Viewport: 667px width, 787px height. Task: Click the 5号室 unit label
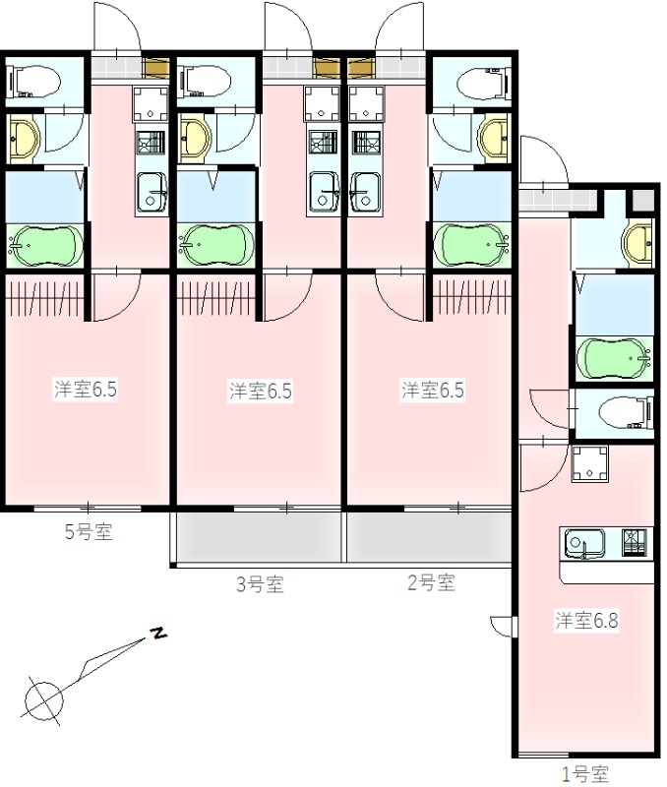click(89, 534)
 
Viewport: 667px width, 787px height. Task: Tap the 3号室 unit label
click(260, 584)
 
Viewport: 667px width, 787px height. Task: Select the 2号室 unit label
click(431, 582)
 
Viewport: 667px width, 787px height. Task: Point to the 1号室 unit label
click(584, 774)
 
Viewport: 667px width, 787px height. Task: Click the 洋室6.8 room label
click(586, 621)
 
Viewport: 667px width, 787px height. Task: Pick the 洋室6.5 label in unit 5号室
click(86, 390)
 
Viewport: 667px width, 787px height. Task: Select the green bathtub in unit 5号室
click(45, 244)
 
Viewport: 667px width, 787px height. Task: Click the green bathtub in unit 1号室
click(614, 356)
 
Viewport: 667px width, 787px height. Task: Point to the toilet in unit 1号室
click(627, 412)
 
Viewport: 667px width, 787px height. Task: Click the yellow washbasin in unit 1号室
click(638, 241)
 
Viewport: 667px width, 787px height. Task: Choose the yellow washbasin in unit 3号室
click(196, 138)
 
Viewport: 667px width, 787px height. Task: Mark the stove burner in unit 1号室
click(636, 541)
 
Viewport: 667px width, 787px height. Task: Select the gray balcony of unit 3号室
click(258, 536)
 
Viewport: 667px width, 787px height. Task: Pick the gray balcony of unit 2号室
click(427, 536)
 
